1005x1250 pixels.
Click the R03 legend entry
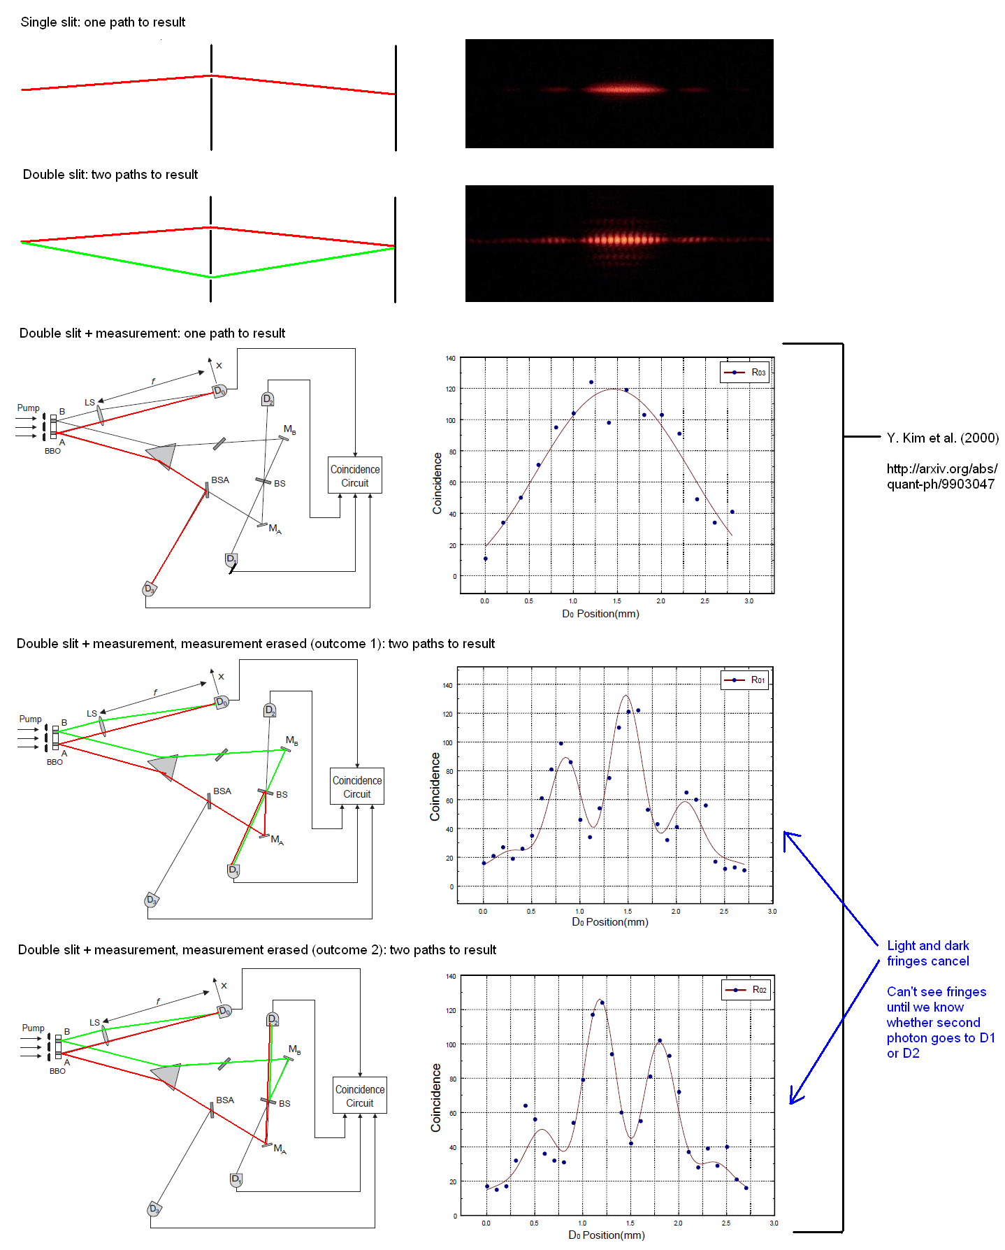coord(744,372)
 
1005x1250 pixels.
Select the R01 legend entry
coord(744,680)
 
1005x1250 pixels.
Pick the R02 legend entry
coord(746,989)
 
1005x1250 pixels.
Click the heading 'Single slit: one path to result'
coord(103,22)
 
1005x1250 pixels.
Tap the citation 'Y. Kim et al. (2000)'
coord(943,438)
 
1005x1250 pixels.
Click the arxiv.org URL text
coord(942,476)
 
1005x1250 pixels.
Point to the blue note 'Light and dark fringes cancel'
coord(928,953)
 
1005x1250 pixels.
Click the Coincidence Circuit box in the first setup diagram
coord(355,475)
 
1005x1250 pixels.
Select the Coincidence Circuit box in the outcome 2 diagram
coord(360,1095)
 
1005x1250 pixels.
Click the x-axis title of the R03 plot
coord(601,614)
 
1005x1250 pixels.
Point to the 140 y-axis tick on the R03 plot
coord(451,359)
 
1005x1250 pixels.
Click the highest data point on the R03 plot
coord(591,382)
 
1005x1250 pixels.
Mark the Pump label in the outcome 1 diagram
coord(30,719)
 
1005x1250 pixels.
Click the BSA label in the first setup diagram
coord(220,480)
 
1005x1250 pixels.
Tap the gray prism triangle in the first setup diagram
coord(162,455)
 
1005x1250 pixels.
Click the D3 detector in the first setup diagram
coord(150,589)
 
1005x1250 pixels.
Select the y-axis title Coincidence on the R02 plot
coord(436,1098)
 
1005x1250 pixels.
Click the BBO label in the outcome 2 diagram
coord(57,1071)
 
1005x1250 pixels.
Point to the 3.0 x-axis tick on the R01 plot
coord(772,911)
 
